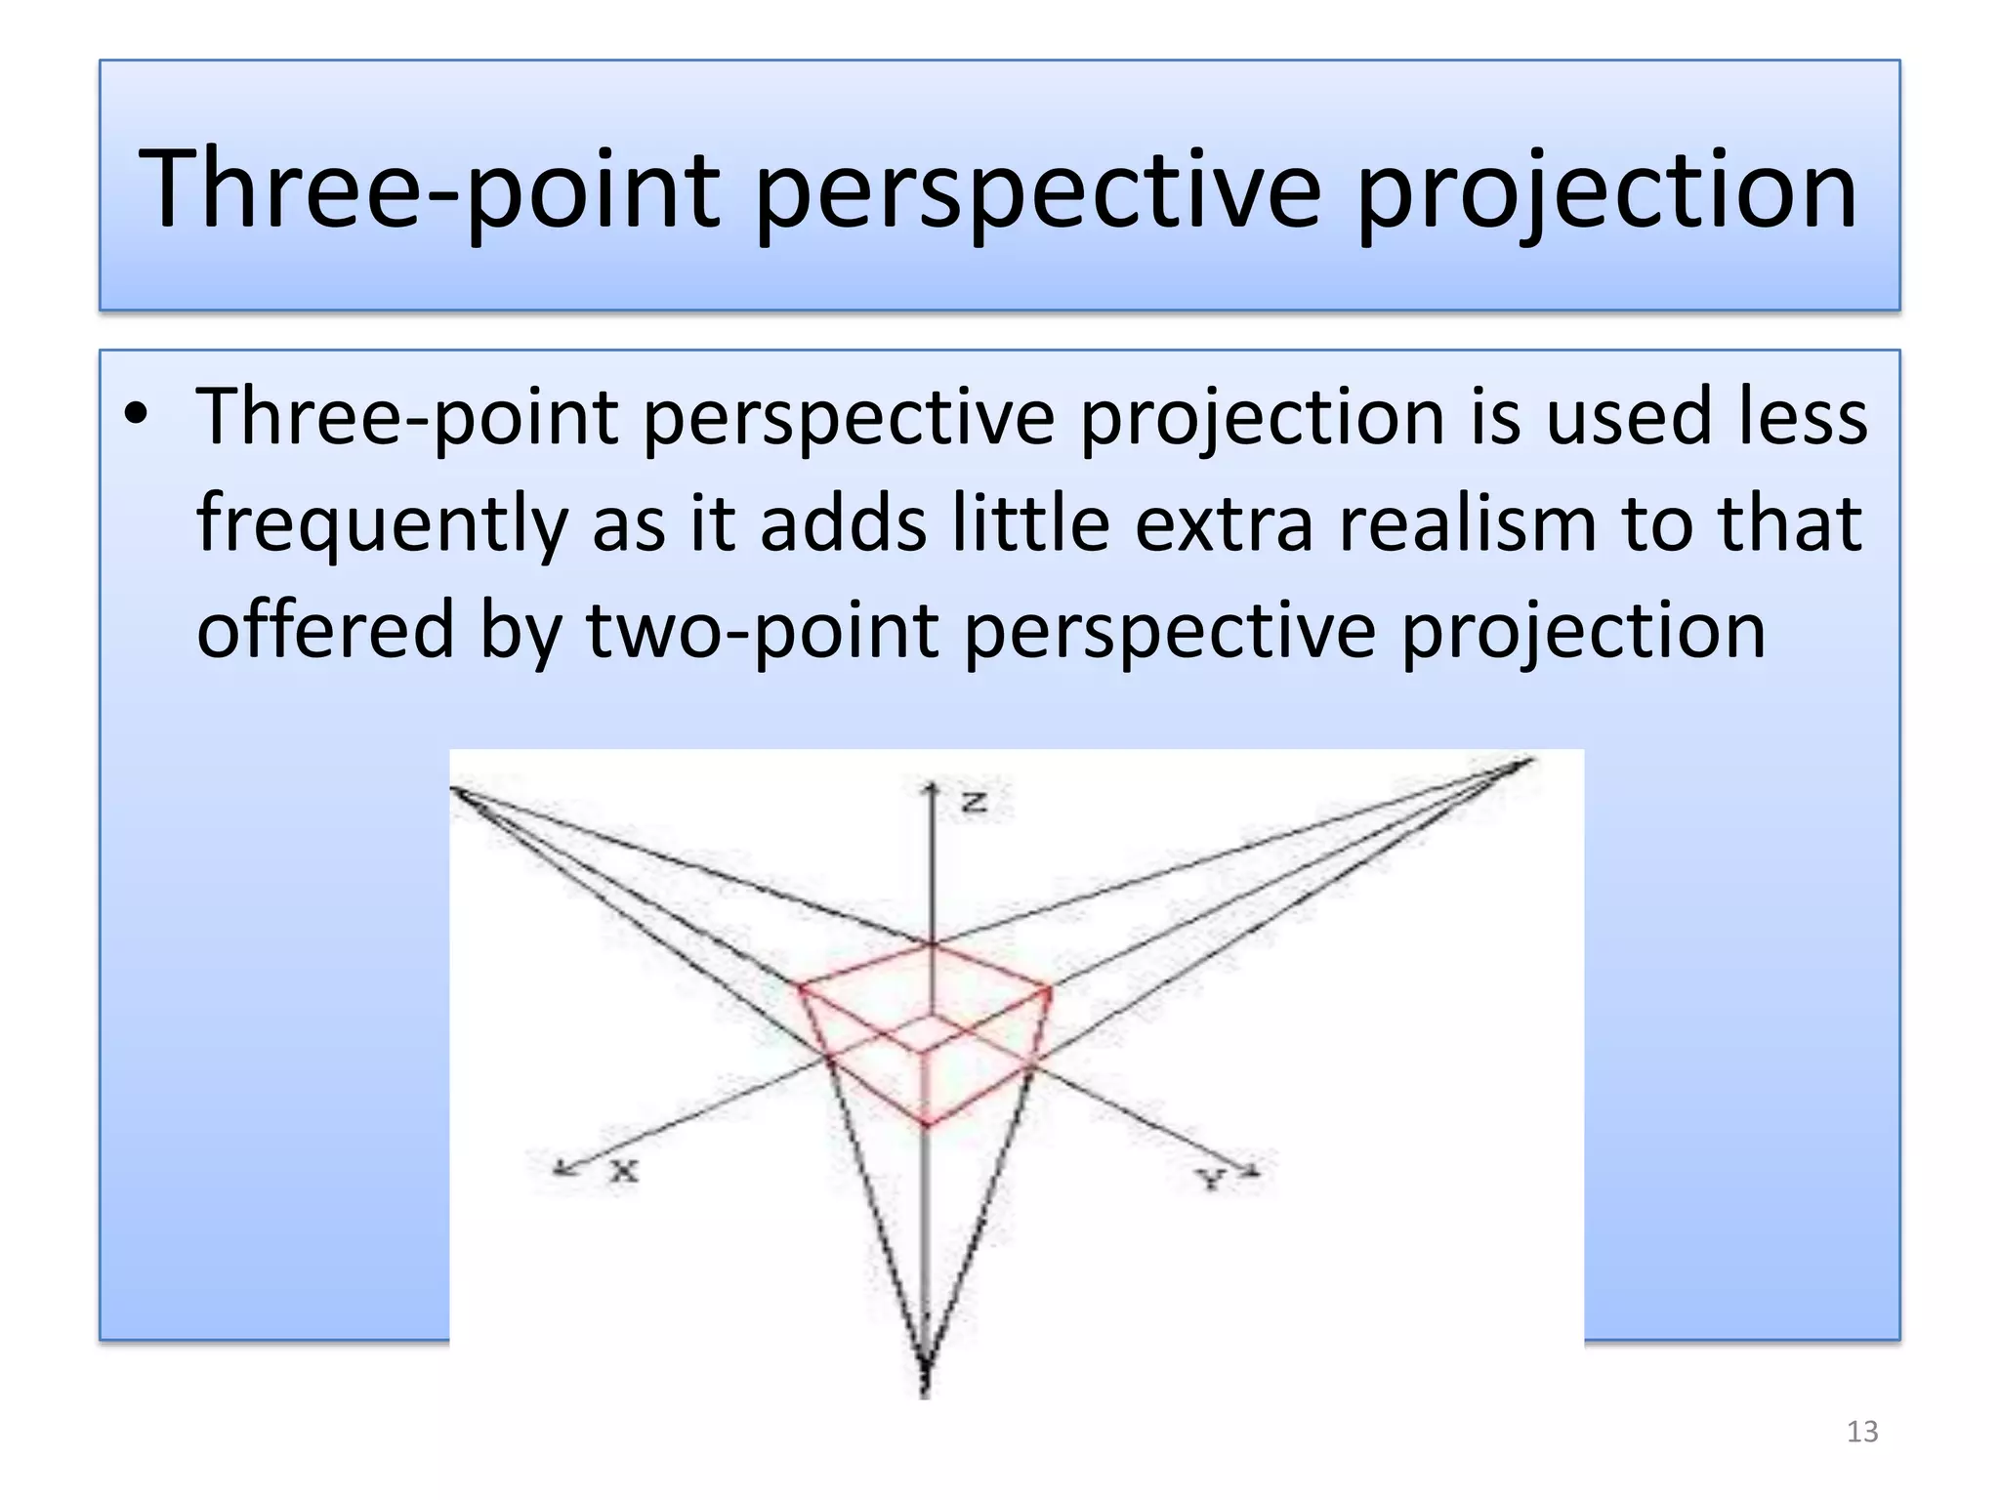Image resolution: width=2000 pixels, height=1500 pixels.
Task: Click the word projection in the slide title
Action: pyautogui.click(x=1606, y=190)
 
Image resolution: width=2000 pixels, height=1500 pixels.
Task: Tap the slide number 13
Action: pyautogui.click(x=1861, y=1432)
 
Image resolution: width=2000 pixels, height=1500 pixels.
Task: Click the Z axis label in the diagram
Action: pyautogui.click(x=975, y=803)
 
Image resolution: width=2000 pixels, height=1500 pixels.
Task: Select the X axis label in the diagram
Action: pyautogui.click(x=624, y=1170)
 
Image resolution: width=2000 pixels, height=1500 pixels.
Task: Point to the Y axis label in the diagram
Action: pyautogui.click(x=1212, y=1179)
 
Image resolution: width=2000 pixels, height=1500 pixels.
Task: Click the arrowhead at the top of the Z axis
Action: pyautogui.click(x=933, y=786)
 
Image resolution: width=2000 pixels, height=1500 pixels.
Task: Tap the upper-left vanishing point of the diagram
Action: pyautogui.click(x=455, y=791)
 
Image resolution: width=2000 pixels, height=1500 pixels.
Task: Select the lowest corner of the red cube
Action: pyautogui.click(x=926, y=1126)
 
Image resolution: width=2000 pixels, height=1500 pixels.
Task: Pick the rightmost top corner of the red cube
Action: pyautogui.click(x=1050, y=989)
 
